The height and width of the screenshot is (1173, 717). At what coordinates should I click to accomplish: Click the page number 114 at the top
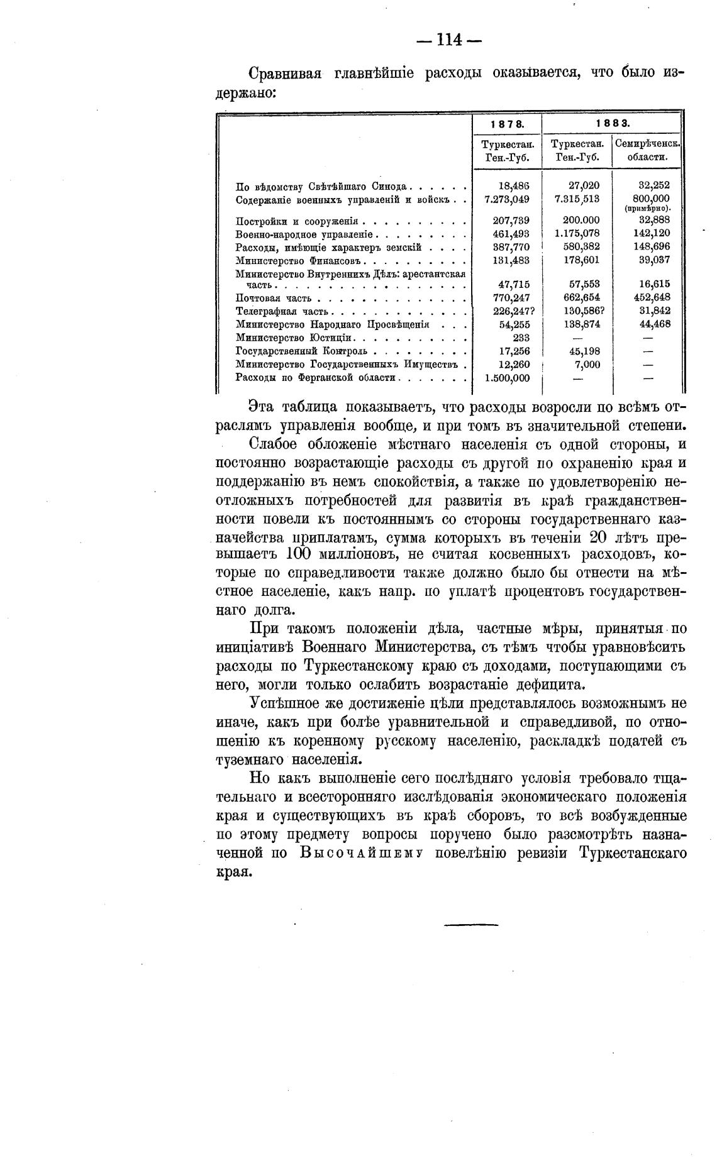[449, 40]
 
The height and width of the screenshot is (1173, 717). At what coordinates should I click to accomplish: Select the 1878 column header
[506, 123]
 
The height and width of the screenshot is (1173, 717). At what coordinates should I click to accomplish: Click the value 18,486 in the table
[514, 185]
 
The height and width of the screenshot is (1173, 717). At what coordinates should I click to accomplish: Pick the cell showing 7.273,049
[507, 199]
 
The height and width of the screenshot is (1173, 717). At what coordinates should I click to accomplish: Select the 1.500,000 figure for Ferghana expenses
[507, 378]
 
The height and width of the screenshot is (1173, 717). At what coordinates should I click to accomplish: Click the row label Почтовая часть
[274, 298]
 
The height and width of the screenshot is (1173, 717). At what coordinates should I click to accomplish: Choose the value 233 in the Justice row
[521, 338]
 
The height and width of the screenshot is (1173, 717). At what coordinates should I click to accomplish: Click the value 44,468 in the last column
[652, 324]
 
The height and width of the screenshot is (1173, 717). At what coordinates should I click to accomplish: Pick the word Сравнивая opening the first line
[286, 74]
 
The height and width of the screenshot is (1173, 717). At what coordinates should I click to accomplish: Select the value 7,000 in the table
[587, 365]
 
